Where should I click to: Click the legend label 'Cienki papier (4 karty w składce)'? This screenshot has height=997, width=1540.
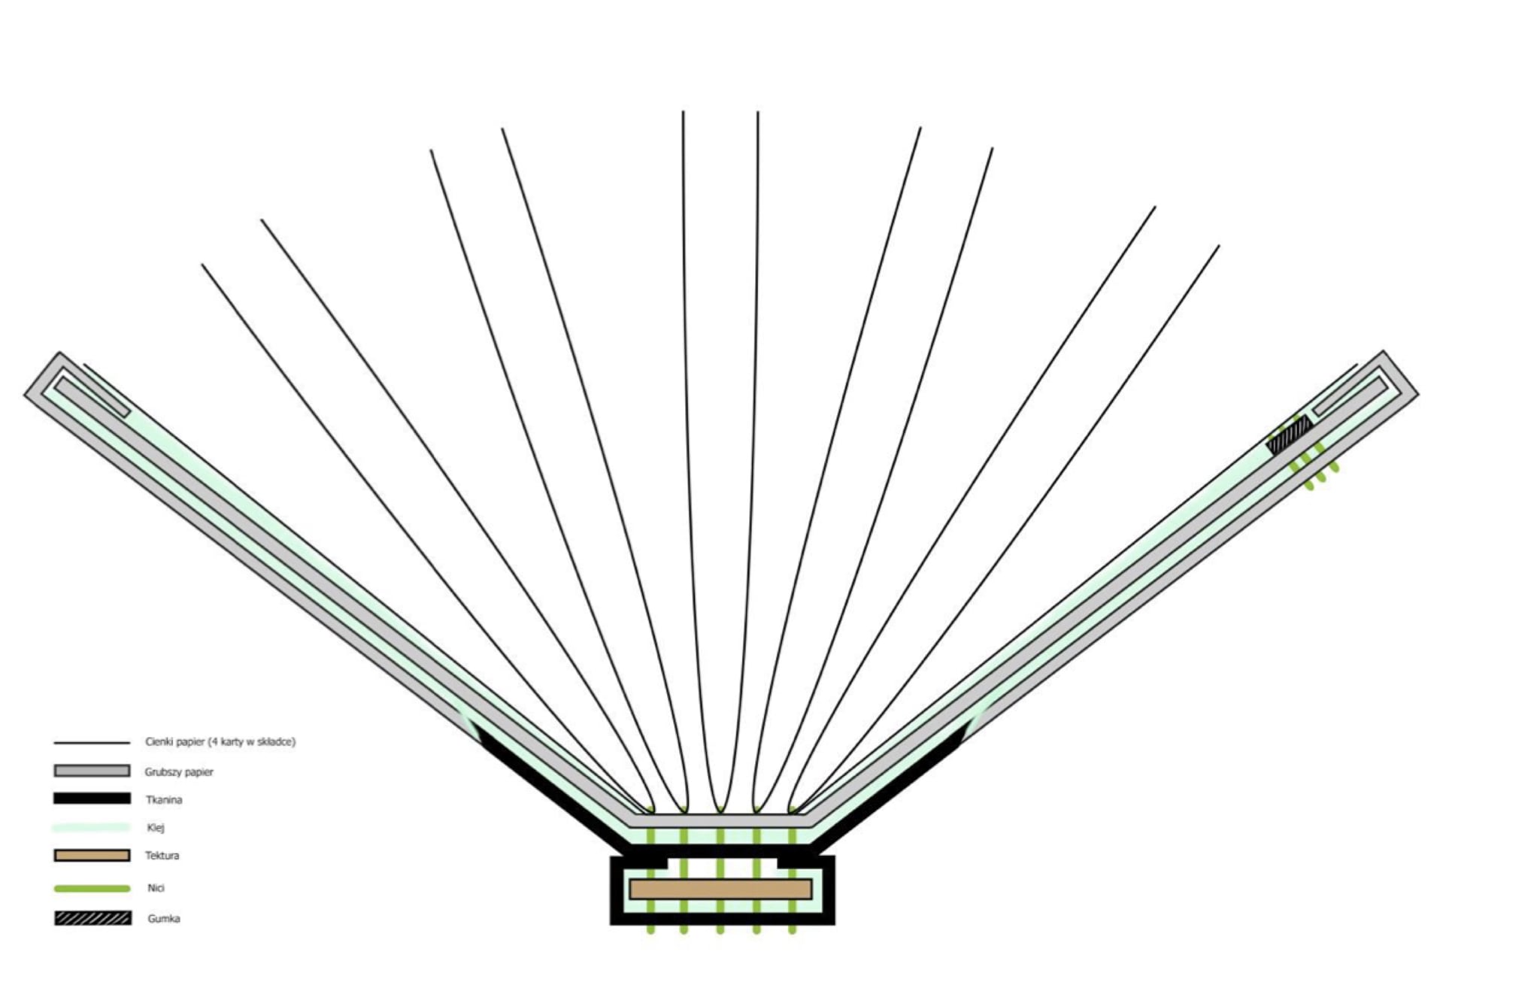coord(220,741)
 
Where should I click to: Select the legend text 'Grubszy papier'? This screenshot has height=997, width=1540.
coord(179,771)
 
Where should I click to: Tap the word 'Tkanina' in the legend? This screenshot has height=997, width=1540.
coord(164,799)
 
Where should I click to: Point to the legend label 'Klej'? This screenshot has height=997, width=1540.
coord(156,828)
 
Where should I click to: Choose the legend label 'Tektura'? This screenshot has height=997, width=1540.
coord(162,856)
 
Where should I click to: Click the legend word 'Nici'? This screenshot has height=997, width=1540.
coord(156,888)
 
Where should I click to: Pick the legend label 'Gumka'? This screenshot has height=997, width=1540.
coord(164,918)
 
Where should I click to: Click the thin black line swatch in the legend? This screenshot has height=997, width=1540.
coord(92,743)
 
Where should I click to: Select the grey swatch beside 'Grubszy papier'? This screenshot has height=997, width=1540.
coord(92,771)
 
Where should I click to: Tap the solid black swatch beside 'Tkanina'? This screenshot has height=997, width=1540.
coord(92,799)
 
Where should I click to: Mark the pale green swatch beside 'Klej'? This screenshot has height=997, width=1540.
coord(92,827)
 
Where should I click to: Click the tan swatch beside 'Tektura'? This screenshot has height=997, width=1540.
coord(92,856)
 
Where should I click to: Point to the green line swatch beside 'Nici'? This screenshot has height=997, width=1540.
coord(92,889)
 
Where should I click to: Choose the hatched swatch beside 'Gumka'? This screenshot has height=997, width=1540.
coord(92,918)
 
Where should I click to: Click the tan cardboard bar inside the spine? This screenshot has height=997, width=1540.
coord(720,889)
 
